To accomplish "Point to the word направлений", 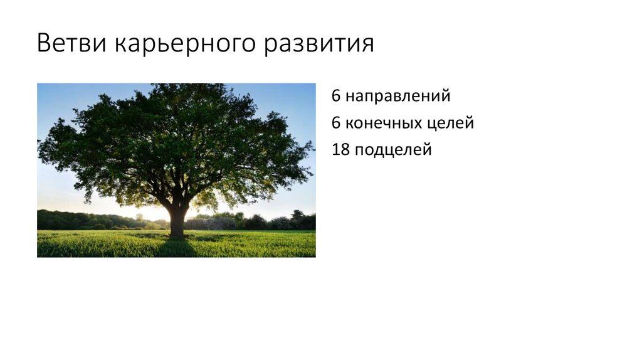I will point(397,97).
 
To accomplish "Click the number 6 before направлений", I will point(337,97).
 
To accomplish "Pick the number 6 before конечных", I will point(337,123).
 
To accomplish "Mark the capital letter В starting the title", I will point(44,44).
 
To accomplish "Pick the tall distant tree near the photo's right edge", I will point(297,216).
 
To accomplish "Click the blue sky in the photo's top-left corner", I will point(50,94).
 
